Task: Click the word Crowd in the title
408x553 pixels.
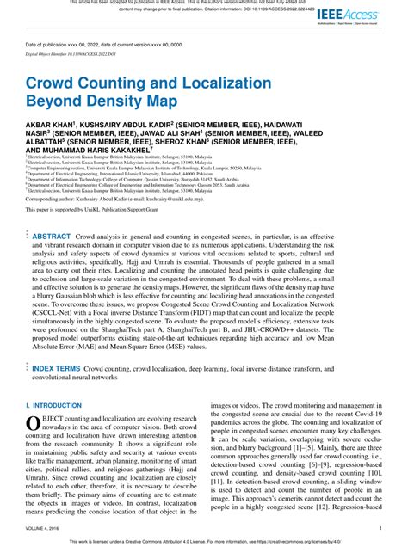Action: coord(57,85)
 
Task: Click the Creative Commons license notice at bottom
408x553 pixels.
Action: coord(204,543)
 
